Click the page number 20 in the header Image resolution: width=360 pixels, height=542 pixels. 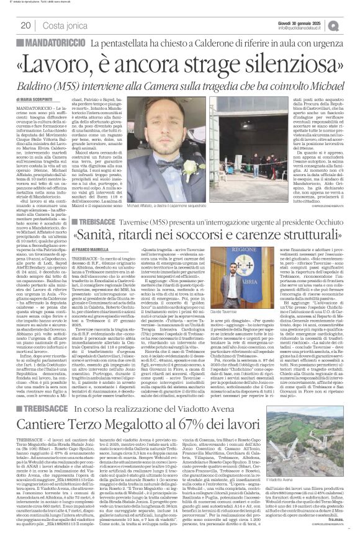pos(26,25)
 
